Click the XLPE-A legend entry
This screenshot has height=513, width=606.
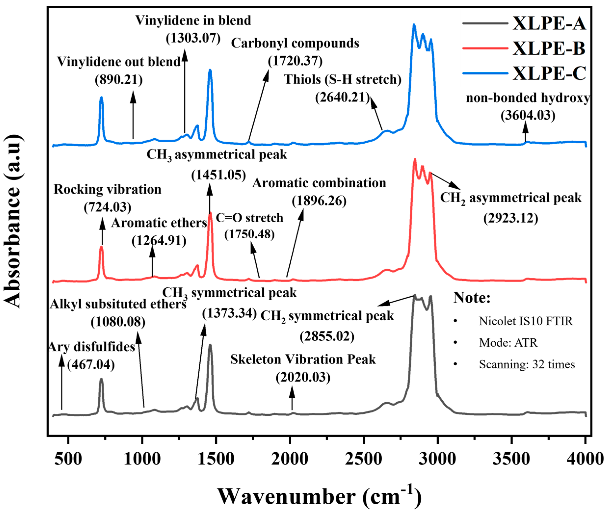(x=549, y=23)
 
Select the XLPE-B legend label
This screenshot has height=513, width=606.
(x=549, y=48)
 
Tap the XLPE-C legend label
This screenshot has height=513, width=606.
(x=549, y=73)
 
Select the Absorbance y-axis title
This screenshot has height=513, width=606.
(x=13, y=221)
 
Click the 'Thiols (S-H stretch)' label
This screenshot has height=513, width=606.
(x=343, y=79)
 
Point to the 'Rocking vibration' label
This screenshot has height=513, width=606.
(x=107, y=190)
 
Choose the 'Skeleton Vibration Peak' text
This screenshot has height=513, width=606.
(x=303, y=359)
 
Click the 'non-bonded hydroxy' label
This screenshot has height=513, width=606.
(x=528, y=98)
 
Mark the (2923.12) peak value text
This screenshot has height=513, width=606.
(x=511, y=218)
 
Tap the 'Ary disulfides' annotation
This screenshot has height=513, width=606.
(x=91, y=347)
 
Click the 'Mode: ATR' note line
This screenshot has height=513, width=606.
(x=508, y=343)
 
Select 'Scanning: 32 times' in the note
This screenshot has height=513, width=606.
(x=527, y=364)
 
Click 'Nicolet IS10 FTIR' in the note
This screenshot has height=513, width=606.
(x=526, y=321)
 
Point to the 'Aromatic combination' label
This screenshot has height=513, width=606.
(x=319, y=183)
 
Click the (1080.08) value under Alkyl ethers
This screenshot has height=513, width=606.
(x=118, y=322)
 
